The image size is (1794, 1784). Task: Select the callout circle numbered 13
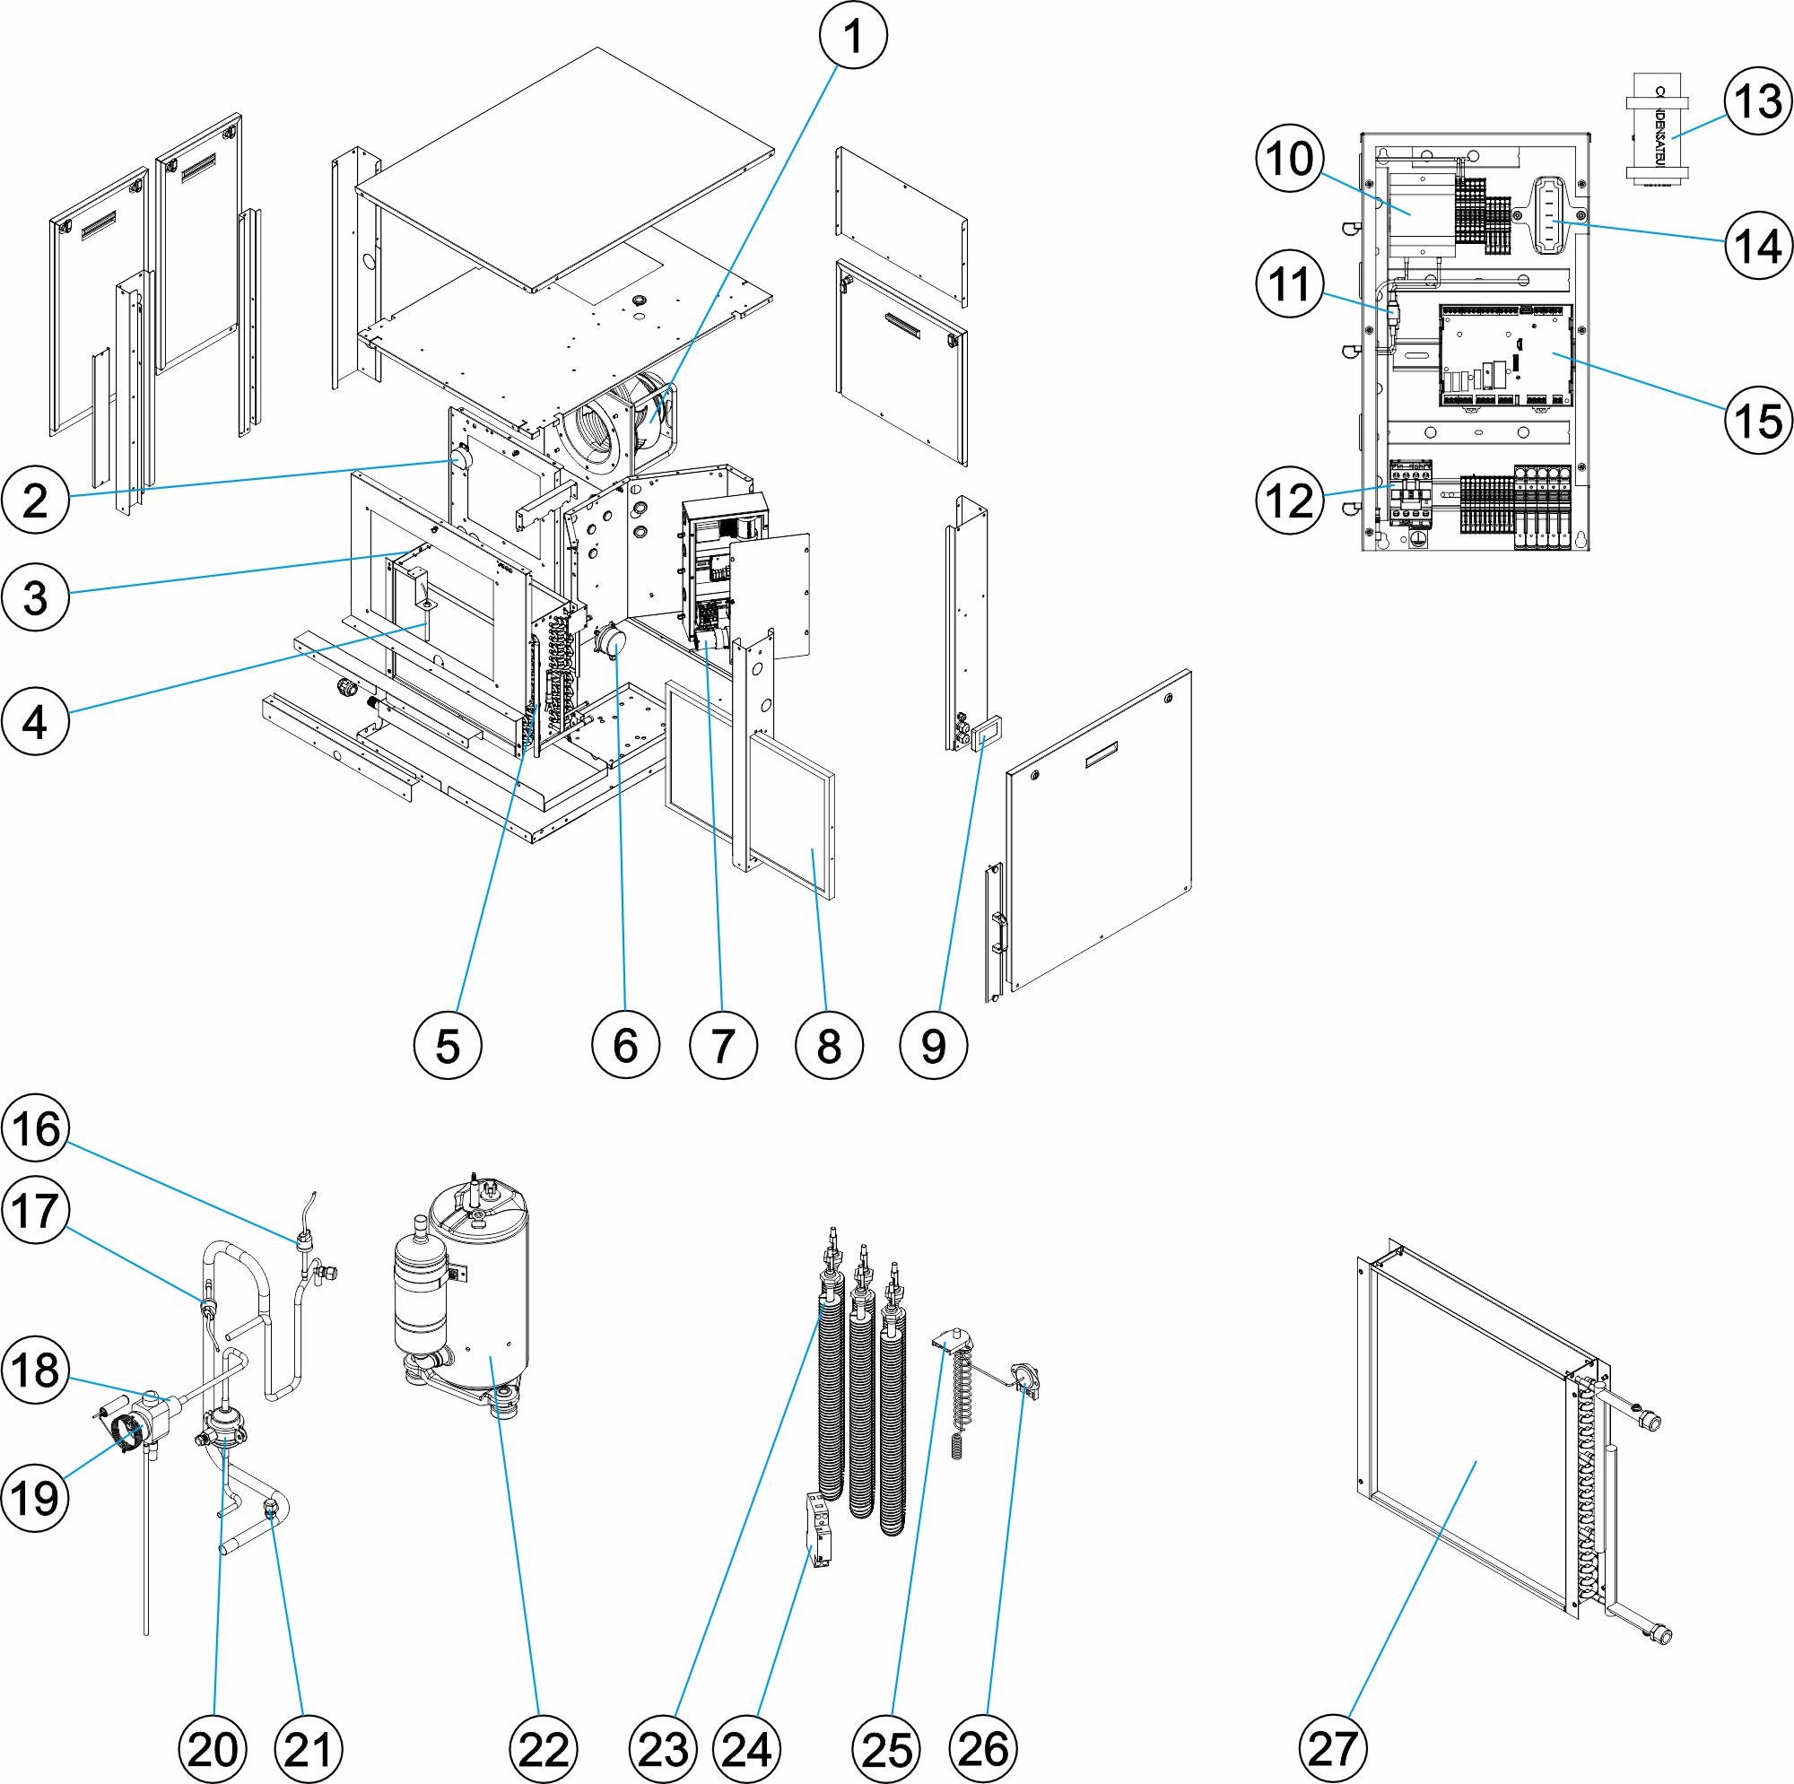pyautogui.click(x=1758, y=102)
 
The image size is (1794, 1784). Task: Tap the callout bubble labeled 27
pyautogui.click(x=1333, y=1749)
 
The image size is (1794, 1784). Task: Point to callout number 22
pyautogui.click(x=544, y=1750)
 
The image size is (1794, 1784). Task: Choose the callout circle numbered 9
pyautogui.click(x=933, y=1046)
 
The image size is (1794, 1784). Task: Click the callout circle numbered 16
pyautogui.click(x=36, y=1129)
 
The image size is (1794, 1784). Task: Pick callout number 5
pyautogui.click(x=448, y=1046)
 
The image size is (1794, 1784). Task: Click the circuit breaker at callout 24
pyautogui.click(x=820, y=1530)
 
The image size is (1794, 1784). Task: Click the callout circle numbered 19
pyautogui.click(x=36, y=1497)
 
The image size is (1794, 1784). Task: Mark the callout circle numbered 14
pyautogui.click(x=1758, y=245)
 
